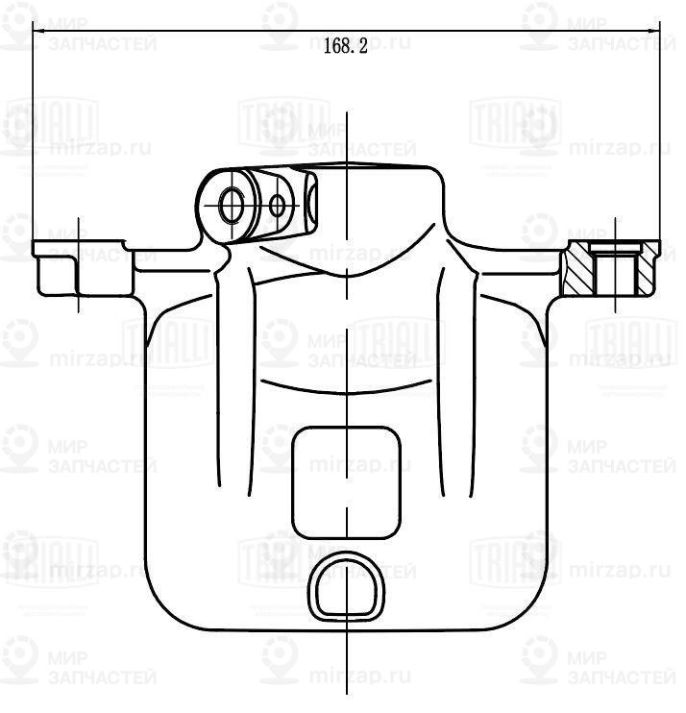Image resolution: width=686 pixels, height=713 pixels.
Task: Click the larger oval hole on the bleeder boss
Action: (232, 204)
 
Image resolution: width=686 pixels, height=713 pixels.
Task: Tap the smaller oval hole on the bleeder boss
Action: (278, 204)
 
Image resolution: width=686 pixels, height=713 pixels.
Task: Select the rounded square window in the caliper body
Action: (346, 482)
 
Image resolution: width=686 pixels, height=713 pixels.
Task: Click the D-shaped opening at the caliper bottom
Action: (346, 588)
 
